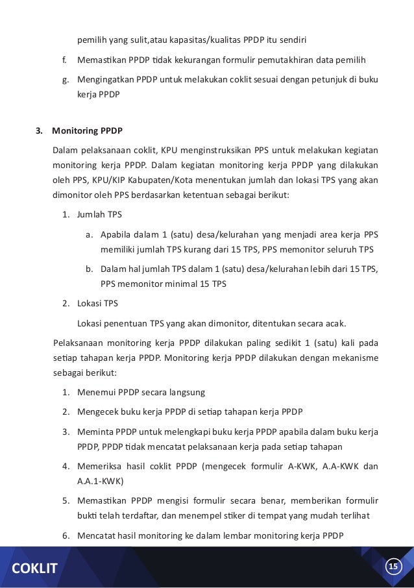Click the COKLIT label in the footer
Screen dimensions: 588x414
tap(32, 569)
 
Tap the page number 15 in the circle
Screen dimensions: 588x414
tap(393, 567)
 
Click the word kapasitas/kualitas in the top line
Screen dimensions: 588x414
tap(209, 40)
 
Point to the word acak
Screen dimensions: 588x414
tap(334, 323)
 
